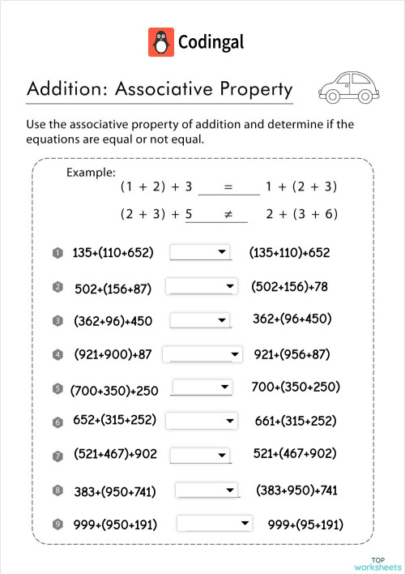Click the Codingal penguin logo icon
point(160,42)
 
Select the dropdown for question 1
point(200,253)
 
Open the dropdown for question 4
point(202,354)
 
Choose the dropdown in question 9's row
point(215,524)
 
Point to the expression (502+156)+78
point(289,287)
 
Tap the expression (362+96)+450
point(113,321)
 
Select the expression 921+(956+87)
point(292,354)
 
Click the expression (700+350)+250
point(114,391)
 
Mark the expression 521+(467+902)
point(295,453)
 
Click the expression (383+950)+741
point(296,490)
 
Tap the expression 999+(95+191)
point(305,525)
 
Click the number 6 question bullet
point(58,422)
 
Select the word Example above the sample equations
point(91,172)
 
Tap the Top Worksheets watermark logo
point(377,563)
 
